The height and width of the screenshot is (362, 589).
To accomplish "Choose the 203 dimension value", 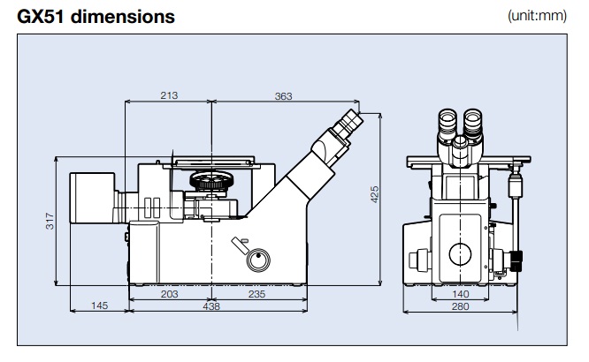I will tap(170, 294).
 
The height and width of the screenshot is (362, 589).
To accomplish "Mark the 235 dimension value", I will tap(256, 294).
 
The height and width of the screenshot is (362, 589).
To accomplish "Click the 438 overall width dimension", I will tap(212, 305).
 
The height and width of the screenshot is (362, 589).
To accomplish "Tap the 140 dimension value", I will tap(459, 294).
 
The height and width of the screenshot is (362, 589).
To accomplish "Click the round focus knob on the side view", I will tap(258, 260).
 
